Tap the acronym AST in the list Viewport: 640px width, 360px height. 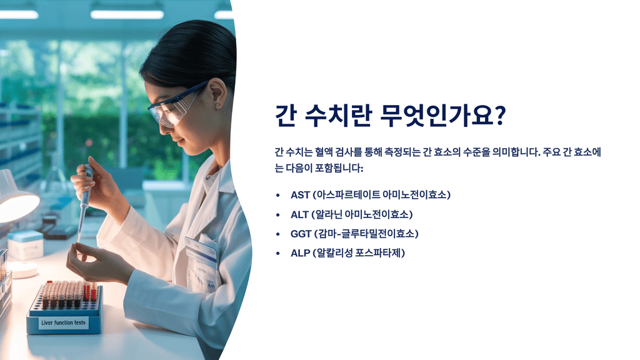(300, 195)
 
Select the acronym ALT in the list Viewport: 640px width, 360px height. (299, 214)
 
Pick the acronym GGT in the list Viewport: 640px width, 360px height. (301, 234)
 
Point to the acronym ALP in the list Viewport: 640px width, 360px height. (300, 253)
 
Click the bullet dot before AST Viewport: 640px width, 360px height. (277, 195)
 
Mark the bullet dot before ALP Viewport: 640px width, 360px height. (277, 253)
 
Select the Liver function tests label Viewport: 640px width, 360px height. (63, 323)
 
